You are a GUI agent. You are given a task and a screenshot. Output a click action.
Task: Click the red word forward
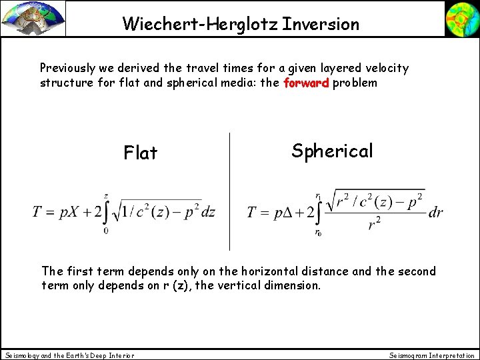tap(306, 83)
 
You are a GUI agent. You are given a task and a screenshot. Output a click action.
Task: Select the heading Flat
tap(141, 153)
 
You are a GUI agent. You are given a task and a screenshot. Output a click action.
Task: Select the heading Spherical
tap(332, 151)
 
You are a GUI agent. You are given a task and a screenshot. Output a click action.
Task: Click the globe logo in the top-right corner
tap(462, 18)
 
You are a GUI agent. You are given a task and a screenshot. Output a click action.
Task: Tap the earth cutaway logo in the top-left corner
tap(33, 18)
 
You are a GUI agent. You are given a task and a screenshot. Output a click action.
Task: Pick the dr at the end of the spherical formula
tap(436, 212)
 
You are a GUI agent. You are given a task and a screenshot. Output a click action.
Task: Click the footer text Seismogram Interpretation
tap(432, 355)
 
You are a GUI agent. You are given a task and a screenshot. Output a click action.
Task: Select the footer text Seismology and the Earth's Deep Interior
tap(69, 355)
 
